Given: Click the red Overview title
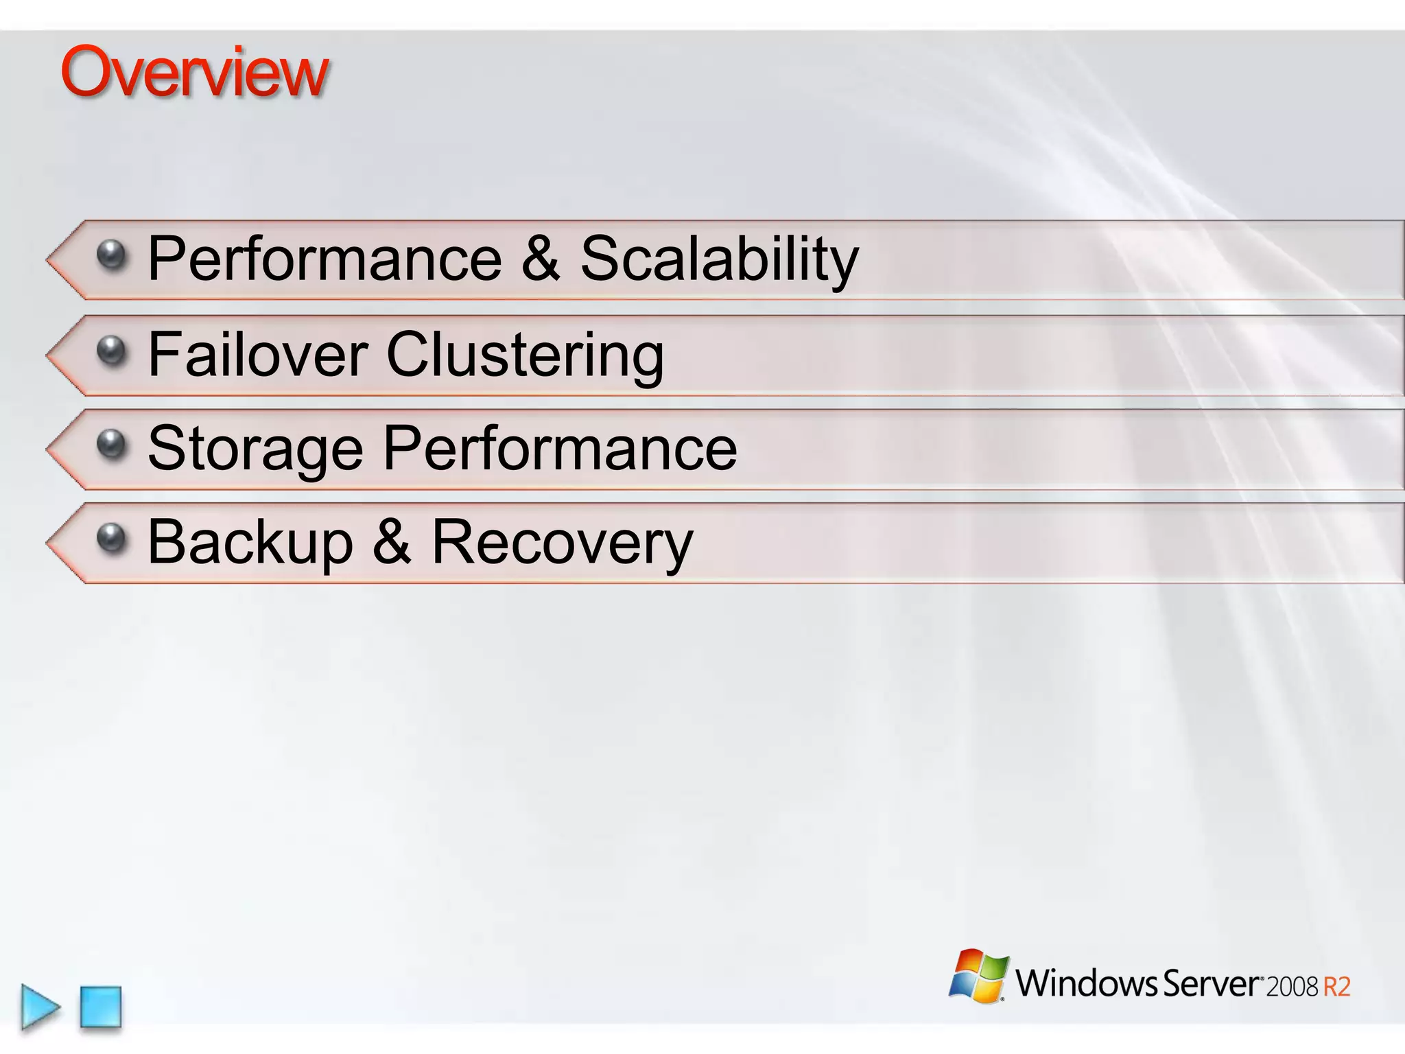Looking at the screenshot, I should click(195, 73).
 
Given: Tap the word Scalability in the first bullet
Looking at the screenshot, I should click(719, 259).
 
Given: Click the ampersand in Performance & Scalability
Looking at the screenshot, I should click(541, 259).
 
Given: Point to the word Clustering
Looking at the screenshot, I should click(525, 355).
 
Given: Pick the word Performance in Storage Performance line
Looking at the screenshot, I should click(560, 448).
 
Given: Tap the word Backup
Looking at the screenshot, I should click(250, 543).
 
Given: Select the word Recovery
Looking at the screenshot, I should click(563, 543).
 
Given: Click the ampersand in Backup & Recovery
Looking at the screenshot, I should click(392, 543).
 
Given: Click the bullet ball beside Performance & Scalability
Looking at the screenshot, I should click(112, 255).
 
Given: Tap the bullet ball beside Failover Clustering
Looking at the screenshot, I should click(112, 351).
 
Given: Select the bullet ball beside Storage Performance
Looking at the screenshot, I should click(112, 445).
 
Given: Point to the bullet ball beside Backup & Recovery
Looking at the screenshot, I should click(112, 539).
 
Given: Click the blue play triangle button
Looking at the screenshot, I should click(40, 1007).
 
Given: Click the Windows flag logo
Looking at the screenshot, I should click(979, 975).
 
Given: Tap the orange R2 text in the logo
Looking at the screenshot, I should click(1336, 987).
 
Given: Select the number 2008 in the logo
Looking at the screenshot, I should click(1292, 987).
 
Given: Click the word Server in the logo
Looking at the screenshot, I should click(1211, 983).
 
